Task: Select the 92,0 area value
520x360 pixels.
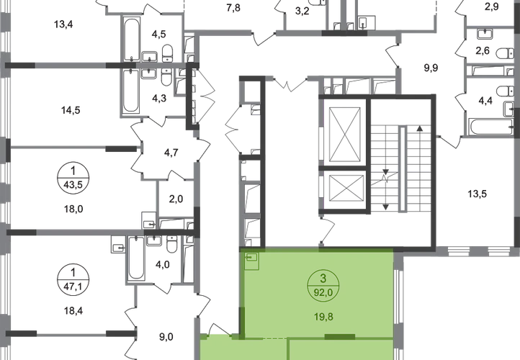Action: pos(317,292)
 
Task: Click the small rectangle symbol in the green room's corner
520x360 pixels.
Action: pos(251,258)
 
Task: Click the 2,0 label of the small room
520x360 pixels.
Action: pos(175,196)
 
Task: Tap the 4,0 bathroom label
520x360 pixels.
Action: pos(163,264)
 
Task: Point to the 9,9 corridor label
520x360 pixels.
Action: pos(430,68)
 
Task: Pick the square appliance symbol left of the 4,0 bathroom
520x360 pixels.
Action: pos(115,245)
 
